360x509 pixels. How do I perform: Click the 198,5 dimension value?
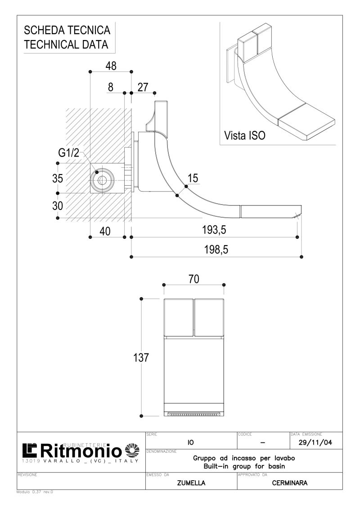click(216, 250)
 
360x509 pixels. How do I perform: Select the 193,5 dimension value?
click(214, 230)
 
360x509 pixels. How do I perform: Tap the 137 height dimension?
click(141, 357)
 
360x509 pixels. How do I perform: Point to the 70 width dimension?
click(193, 279)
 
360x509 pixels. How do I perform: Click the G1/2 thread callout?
click(68, 152)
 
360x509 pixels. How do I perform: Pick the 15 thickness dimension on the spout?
click(193, 178)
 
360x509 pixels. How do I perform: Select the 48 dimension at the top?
click(111, 66)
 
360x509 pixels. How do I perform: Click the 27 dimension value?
click(143, 87)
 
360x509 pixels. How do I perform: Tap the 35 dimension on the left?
click(58, 178)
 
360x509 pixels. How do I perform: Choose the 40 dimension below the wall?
click(105, 231)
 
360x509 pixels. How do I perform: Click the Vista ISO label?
click(245, 135)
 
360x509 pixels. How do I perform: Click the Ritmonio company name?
click(81, 451)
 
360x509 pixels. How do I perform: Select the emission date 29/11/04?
click(315, 442)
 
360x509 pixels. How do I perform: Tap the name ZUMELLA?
click(191, 483)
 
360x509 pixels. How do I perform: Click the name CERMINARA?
click(289, 483)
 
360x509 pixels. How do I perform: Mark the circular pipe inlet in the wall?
click(102, 180)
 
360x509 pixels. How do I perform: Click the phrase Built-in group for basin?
click(244, 466)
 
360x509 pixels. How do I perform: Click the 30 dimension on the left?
click(58, 206)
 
